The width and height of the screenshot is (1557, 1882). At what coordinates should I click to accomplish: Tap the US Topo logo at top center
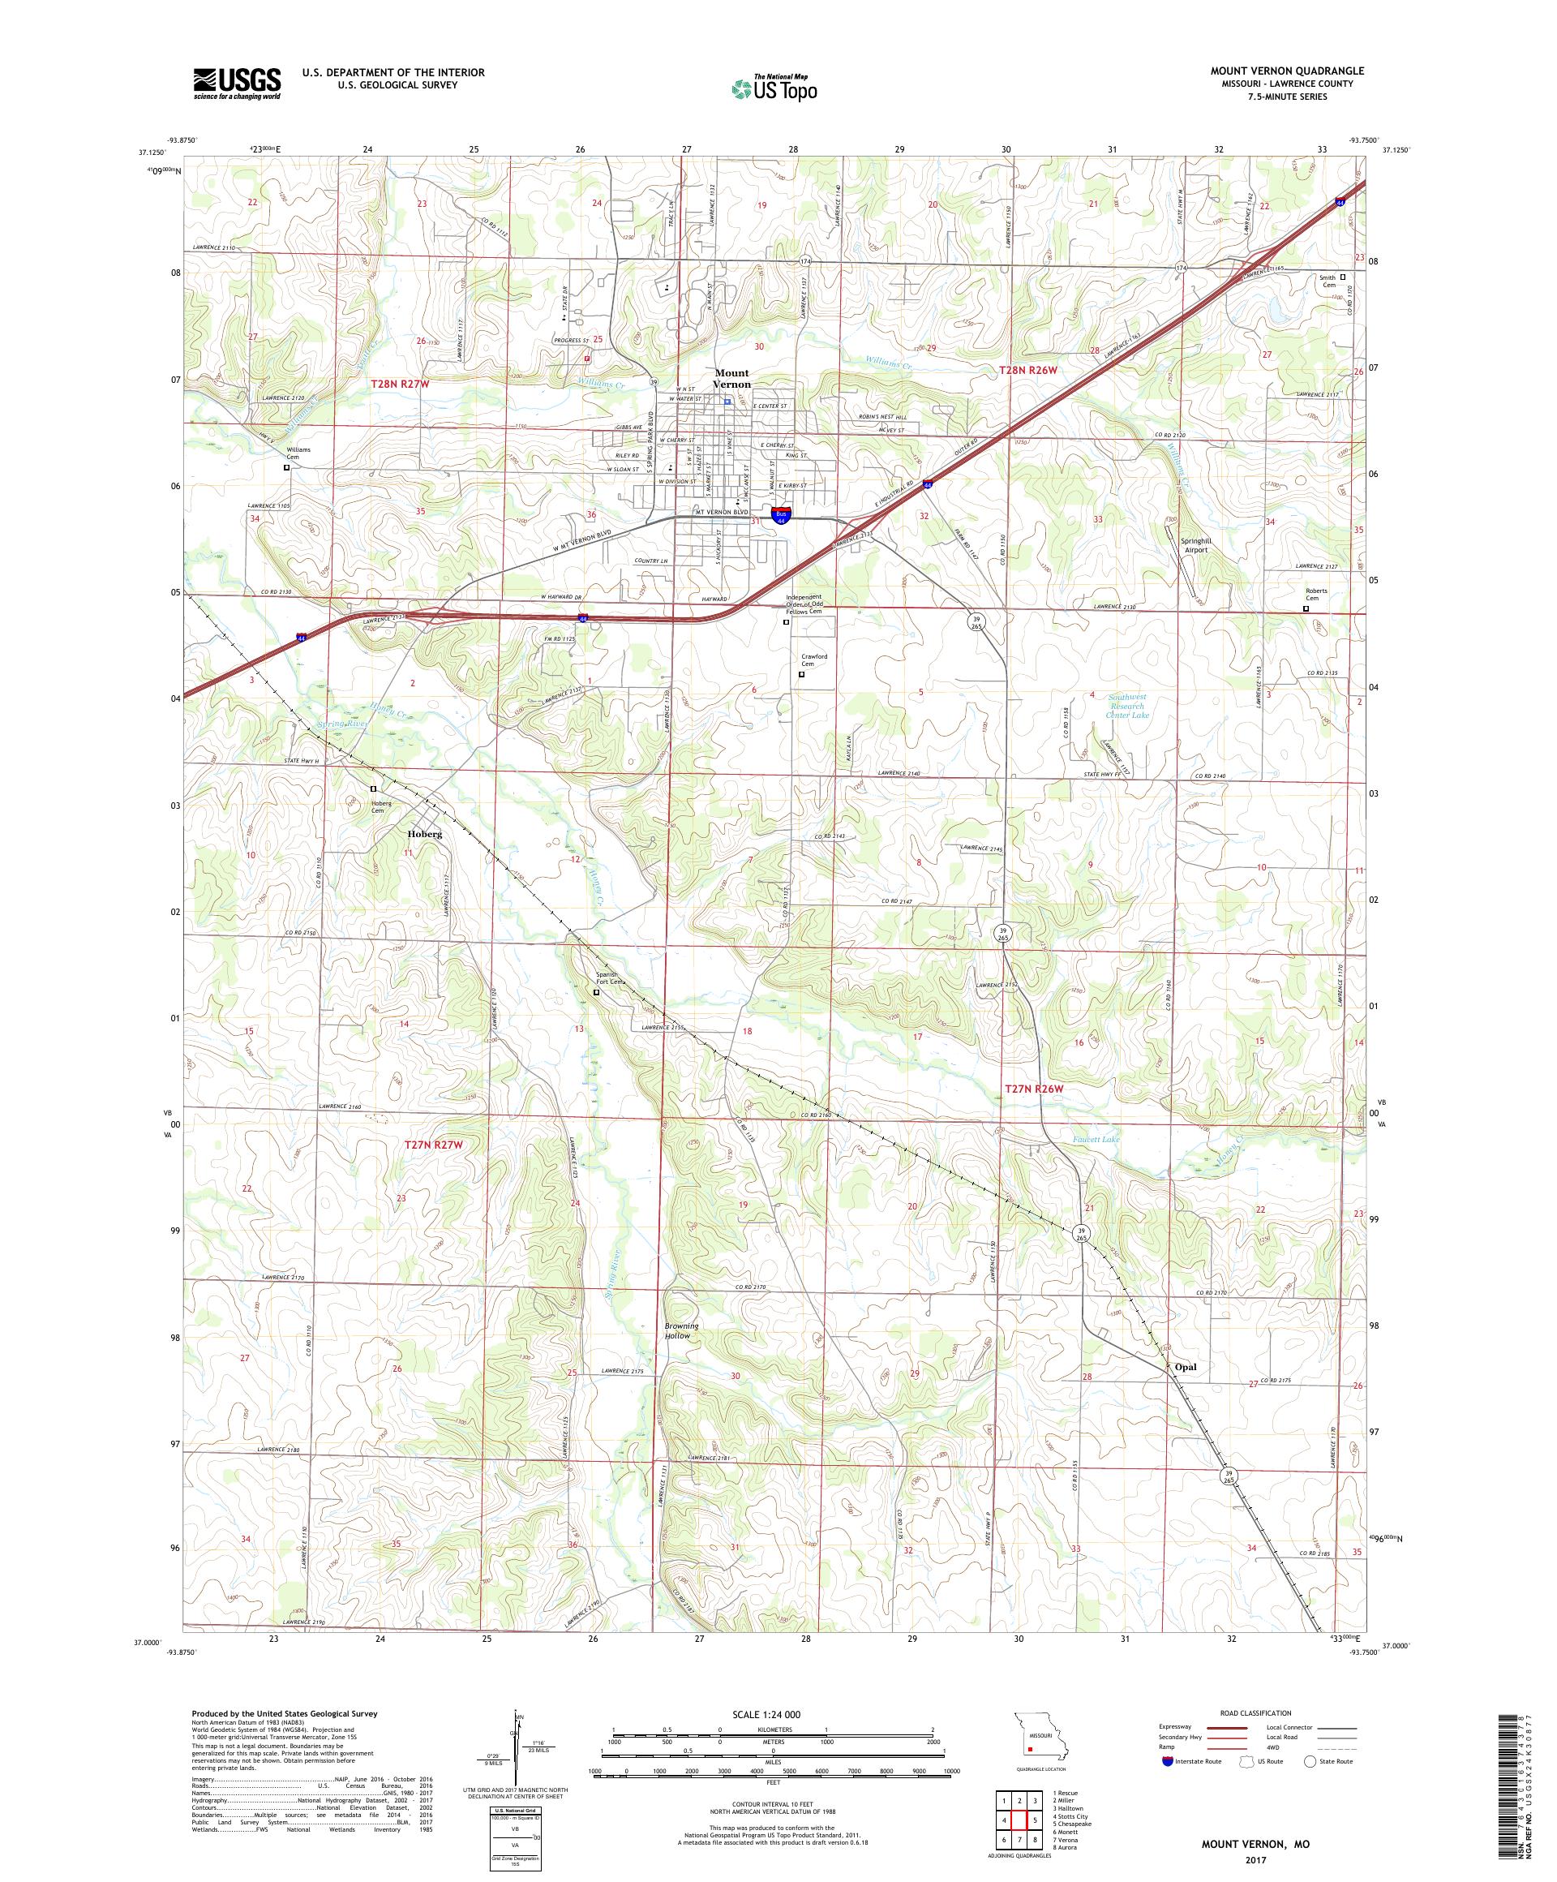tap(776, 88)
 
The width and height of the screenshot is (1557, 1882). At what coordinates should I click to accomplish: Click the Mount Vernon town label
tap(731, 378)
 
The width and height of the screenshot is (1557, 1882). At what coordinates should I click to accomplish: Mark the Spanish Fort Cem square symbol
tap(597, 992)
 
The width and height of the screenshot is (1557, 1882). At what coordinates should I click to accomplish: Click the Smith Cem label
tap(1327, 281)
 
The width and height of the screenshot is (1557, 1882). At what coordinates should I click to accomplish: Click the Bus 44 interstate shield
tap(781, 517)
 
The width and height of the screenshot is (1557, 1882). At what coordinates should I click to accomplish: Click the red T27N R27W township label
tap(434, 1145)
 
